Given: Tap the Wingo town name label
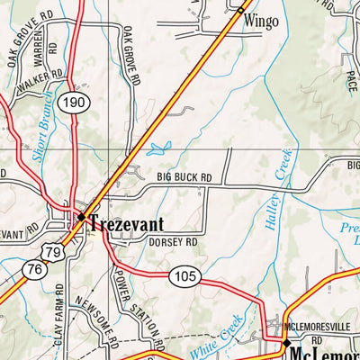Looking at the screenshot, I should click(261, 19).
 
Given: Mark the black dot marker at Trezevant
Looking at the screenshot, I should click(80, 217).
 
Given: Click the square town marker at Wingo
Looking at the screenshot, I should click(241, 10).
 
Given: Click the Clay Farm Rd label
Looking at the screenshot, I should click(58, 317).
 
